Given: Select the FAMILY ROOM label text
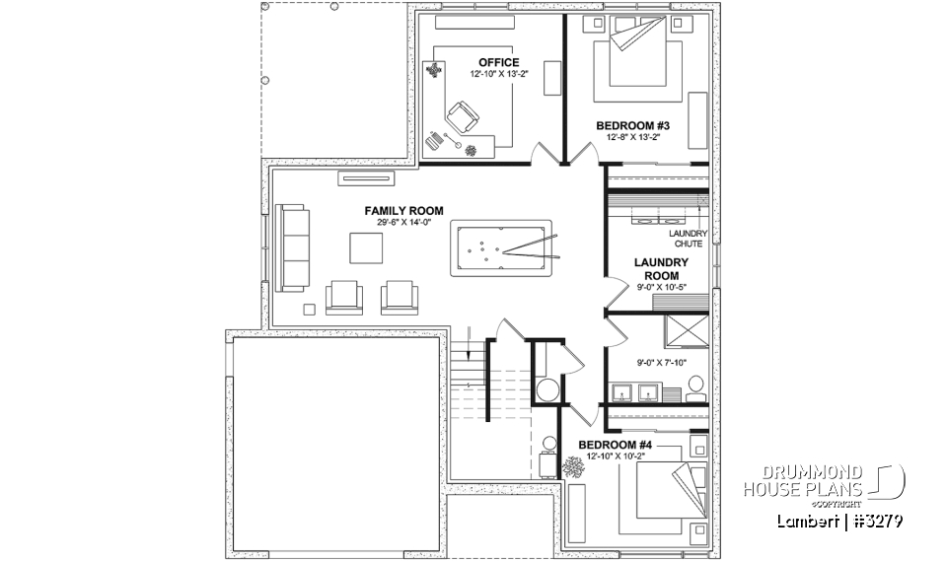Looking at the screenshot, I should click(403, 211).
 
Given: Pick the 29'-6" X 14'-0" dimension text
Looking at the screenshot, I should click(403, 223).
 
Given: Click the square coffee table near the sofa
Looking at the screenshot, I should click(364, 247).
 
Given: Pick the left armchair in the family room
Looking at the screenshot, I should click(343, 296).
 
